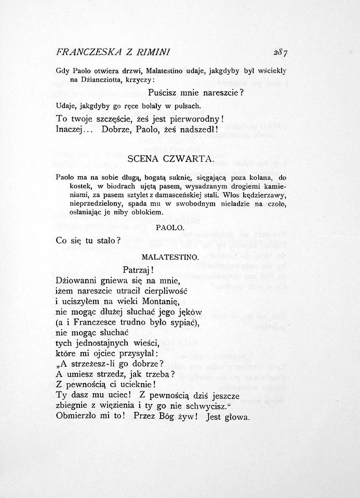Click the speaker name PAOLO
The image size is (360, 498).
pos(170,227)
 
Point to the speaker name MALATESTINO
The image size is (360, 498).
pos(170,257)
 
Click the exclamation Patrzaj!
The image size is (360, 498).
pos(137,270)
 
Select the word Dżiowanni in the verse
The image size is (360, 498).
pos(78,281)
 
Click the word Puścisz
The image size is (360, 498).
pos(165,93)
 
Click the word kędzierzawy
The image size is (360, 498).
pos(264,195)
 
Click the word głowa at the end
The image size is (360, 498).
pos(236,416)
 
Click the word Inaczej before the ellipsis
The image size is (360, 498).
pos(72,129)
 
